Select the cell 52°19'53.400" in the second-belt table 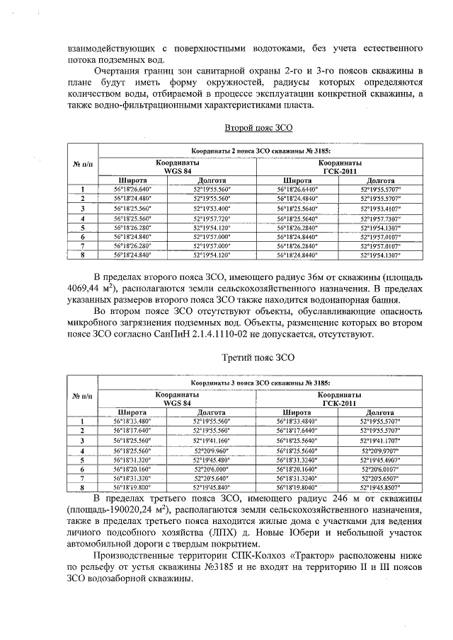pyautogui.click(x=212, y=209)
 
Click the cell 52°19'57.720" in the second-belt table pyautogui.click(x=212, y=219)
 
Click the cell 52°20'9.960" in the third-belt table pyautogui.click(x=212, y=450)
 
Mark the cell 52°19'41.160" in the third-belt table pyautogui.click(x=212, y=440)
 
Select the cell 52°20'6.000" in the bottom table pyautogui.click(x=212, y=469)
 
